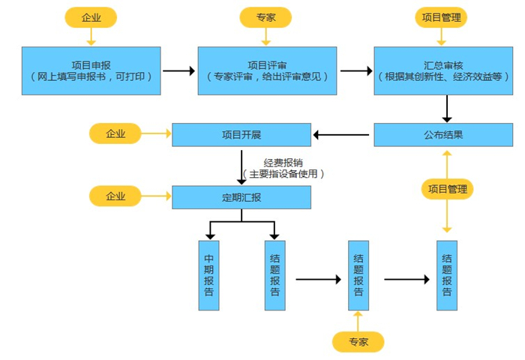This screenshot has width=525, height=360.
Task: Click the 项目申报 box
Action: (91, 70)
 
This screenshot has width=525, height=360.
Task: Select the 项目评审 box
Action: (268, 70)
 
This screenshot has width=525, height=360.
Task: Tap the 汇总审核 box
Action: (444, 70)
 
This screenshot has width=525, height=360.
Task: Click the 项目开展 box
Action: (241, 135)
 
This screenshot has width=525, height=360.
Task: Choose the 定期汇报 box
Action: (241, 197)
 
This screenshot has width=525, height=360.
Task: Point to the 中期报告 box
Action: (208, 275)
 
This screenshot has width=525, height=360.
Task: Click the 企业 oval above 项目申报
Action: (91, 17)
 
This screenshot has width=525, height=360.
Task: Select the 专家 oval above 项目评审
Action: (265, 17)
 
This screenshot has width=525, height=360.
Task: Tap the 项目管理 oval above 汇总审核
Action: (442, 17)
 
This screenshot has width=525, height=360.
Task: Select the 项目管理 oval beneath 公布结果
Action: (448, 189)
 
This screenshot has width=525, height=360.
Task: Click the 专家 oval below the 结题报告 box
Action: (358, 342)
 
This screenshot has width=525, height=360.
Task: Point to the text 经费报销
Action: (283, 162)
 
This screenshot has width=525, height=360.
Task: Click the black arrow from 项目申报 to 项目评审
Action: (178, 71)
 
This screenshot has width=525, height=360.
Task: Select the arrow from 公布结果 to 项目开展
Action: (341, 135)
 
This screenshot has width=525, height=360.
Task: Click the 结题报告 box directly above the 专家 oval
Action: (358, 275)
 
